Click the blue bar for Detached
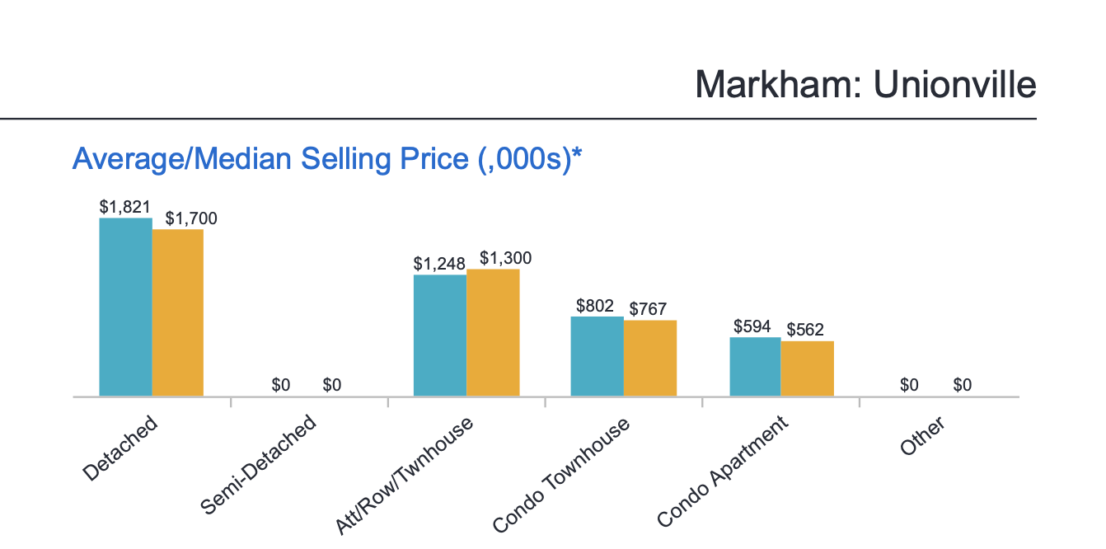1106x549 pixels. [x=125, y=307]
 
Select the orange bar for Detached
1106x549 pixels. [x=178, y=312]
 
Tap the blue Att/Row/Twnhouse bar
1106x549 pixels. [x=440, y=335]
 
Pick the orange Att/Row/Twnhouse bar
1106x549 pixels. [x=493, y=332]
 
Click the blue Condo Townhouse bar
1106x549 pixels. [x=597, y=356]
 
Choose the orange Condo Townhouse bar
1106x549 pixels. [x=650, y=358]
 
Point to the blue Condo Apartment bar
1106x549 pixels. [x=754, y=367]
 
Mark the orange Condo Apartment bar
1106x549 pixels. [x=808, y=368]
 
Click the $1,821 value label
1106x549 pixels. [x=125, y=207]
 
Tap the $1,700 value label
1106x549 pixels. [x=191, y=218]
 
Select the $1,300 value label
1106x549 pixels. [x=505, y=258]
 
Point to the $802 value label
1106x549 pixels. [x=595, y=306]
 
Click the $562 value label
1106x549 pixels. [x=805, y=330]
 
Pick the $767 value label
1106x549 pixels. [x=648, y=309]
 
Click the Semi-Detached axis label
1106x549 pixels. [x=259, y=465]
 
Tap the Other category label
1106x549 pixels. [x=922, y=434]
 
